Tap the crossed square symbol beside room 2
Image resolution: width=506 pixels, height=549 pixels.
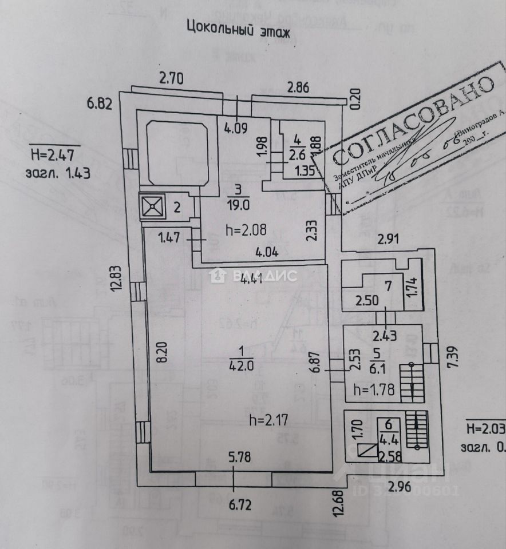pos(152,207)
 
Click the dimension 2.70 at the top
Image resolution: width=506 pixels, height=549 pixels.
pos(172,79)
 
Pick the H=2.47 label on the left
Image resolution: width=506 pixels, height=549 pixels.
pos(55,154)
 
